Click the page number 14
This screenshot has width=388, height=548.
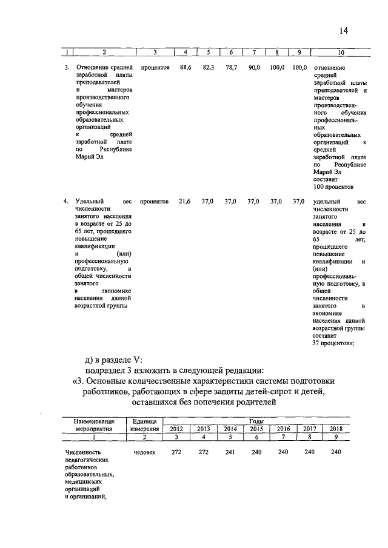[x=344, y=31]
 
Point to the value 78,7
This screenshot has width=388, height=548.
[x=230, y=68]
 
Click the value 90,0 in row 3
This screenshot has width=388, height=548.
[x=253, y=68]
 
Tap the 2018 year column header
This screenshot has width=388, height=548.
[x=336, y=429]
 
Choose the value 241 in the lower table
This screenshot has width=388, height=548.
[x=230, y=452]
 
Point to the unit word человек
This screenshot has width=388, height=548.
[x=145, y=452]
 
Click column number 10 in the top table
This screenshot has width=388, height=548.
[x=340, y=52]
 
